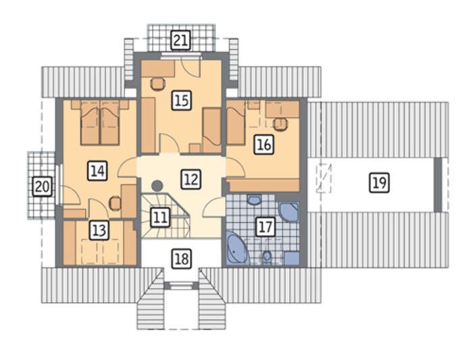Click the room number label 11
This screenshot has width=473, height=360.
click(160, 217)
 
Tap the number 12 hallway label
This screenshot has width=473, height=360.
click(191, 180)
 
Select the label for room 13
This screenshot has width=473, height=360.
click(99, 230)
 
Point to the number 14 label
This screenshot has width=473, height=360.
click(97, 171)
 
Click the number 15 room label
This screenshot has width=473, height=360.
click(182, 100)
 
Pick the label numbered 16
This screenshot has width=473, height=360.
click(264, 145)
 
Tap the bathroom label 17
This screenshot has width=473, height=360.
click(266, 227)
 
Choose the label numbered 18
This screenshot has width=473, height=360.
click(182, 259)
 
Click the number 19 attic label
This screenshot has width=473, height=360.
click(380, 182)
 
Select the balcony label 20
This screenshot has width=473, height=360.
click(42, 186)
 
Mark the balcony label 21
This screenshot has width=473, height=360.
click(180, 40)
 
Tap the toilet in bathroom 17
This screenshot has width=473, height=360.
click(267, 256)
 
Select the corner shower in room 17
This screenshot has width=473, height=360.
click(289, 212)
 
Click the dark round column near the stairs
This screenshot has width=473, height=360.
click(157, 186)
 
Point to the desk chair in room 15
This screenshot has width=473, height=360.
click(157, 84)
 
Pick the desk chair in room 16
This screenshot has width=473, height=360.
click(280, 124)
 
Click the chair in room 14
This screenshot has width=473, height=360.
click(116, 203)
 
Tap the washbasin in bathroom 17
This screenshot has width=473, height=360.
click(254, 200)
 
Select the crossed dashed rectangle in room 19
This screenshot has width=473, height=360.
click(324, 178)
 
